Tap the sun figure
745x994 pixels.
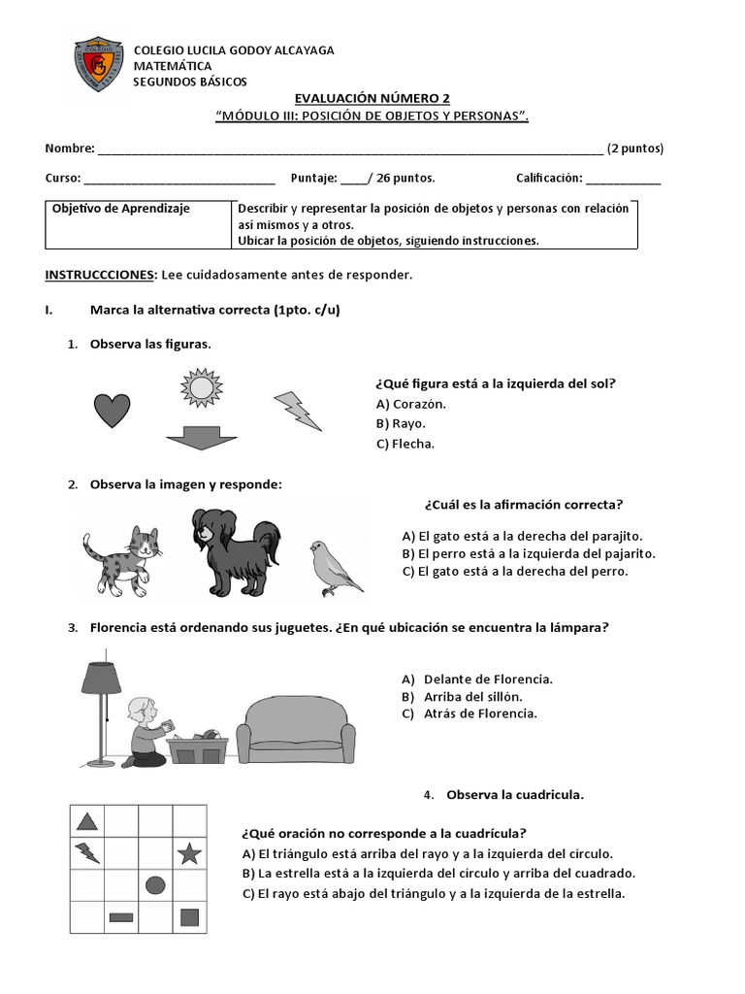click(x=201, y=388)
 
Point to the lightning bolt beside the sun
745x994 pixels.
click(x=297, y=410)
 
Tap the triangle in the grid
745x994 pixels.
click(x=87, y=822)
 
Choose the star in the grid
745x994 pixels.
click(x=189, y=854)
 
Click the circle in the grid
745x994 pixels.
click(x=155, y=884)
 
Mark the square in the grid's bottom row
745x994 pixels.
click(x=190, y=916)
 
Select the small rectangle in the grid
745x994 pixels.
click(x=121, y=916)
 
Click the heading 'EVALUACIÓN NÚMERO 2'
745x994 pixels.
click(x=372, y=99)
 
